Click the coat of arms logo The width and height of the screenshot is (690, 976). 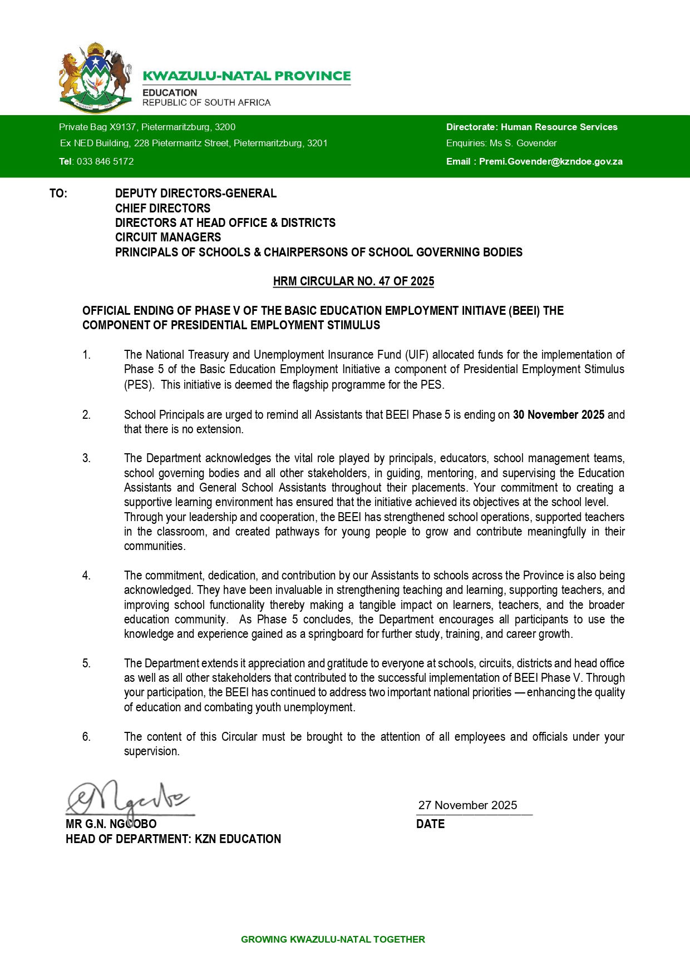pos(95,77)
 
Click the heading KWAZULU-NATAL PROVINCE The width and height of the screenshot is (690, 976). pos(247,76)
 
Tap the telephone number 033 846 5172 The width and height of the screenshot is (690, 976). pos(105,161)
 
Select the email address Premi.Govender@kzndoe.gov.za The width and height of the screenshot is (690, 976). pos(550,161)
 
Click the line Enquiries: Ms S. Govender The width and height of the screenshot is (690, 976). pos(501,143)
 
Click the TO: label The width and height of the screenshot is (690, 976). pos(58,194)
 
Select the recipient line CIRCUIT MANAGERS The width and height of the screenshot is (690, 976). pos(167,237)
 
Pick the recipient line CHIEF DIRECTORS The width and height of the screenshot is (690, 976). pos(162,209)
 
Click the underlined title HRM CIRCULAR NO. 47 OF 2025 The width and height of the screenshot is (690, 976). pos(353,281)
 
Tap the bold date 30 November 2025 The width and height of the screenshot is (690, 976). pos(558,415)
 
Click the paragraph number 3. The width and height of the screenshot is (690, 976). pos(86,458)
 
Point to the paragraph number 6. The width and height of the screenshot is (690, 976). pos(86,737)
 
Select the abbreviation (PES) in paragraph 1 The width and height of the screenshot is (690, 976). pos(139,384)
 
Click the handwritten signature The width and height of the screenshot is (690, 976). pos(128,799)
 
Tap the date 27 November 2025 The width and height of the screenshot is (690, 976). pos(467,805)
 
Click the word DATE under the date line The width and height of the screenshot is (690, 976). pos(430,824)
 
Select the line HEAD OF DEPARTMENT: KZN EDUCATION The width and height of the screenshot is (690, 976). pos(173,839)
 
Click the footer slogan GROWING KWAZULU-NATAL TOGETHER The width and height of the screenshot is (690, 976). pos(333,939)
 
